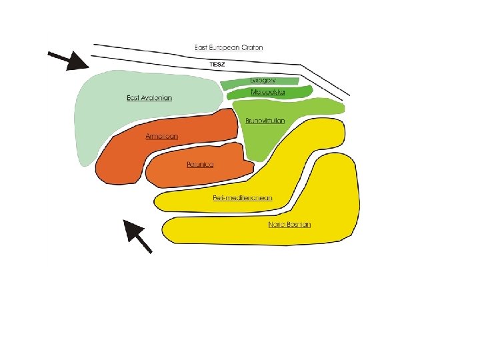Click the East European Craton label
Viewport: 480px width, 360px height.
click(229, 47)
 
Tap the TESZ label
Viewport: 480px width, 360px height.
click(218, 65)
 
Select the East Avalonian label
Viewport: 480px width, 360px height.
click(149, 98)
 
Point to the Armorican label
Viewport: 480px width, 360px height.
click(162, 136)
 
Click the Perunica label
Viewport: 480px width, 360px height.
click(200, 164)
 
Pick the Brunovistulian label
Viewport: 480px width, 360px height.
click(265, 121)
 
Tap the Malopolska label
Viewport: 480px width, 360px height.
click(267, 92)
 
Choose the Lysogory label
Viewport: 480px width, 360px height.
click(263, 81)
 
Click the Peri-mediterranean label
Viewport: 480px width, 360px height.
click(243, 198)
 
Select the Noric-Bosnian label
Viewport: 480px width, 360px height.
click(289, 225)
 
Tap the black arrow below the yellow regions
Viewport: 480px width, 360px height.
click(138, 236)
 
